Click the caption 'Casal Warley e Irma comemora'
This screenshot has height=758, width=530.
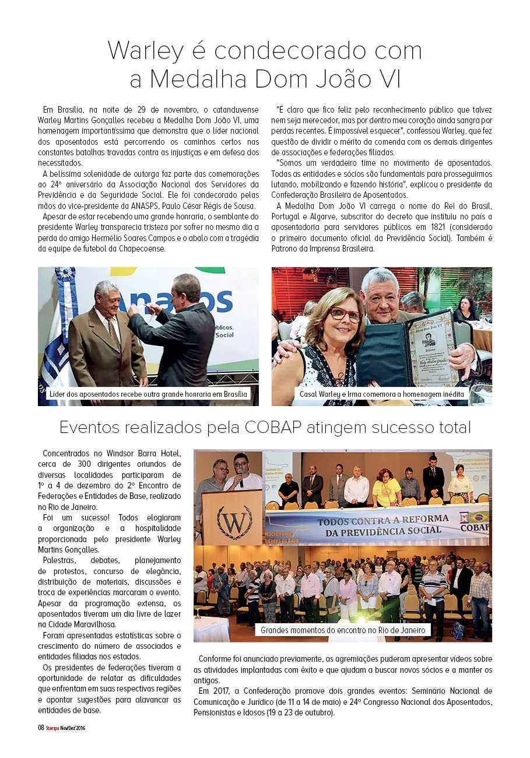[382, 394]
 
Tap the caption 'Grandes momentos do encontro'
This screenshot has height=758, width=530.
[343, 630]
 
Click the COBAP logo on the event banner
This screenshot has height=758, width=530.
[474, 522]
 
